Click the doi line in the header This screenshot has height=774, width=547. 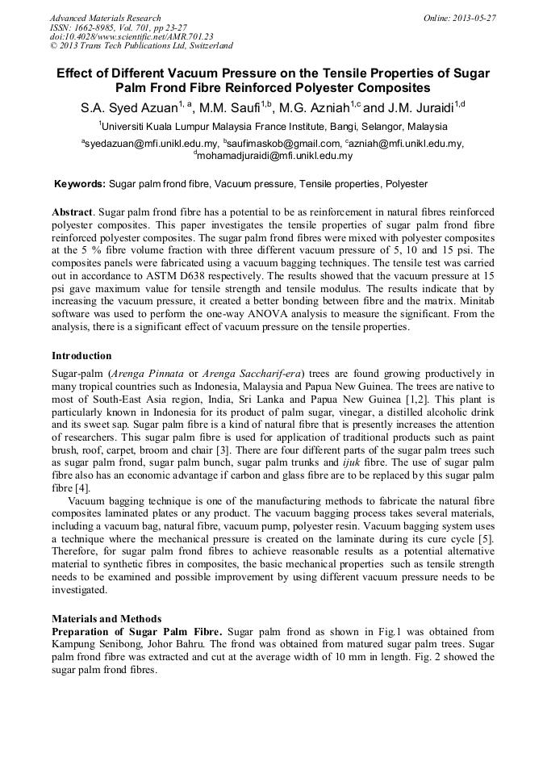[x=132, y=37]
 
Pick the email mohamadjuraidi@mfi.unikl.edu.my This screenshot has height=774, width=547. [x=273, y=155]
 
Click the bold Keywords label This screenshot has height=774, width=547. [x=79, y=184]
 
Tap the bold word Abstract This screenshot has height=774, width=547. [x=72, y=211]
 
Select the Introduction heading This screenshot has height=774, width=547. [x=81, y=356]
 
